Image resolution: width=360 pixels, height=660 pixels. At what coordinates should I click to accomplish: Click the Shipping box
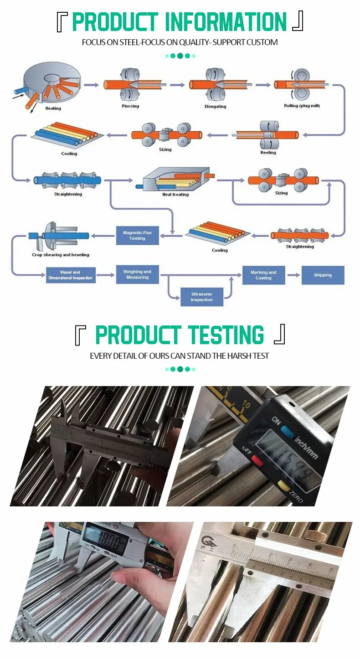[323, 275]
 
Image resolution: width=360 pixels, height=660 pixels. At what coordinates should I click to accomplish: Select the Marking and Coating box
[263, 275]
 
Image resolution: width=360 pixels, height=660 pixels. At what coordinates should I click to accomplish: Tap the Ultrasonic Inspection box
[201, 297]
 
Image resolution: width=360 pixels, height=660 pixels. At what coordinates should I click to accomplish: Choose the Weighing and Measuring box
[137, 274]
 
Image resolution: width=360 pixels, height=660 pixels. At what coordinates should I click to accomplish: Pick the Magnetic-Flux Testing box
[137, 235]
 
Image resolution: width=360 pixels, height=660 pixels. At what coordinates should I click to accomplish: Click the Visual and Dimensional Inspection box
[71, 275]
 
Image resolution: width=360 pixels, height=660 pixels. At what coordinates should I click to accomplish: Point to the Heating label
[53, 108]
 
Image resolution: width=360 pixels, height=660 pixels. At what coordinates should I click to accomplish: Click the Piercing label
[130, 106]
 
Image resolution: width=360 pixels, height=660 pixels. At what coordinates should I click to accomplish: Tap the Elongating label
[215, 107]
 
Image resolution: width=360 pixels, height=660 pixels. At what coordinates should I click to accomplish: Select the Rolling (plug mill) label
[302, 106]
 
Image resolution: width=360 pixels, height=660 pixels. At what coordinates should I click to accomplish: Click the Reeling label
[268, 153]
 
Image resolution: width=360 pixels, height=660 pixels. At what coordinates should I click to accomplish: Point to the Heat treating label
[175, 195]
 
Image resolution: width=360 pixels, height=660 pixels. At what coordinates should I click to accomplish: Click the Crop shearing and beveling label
[61, 255]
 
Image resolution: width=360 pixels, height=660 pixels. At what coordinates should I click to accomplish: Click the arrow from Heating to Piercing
[91, 85]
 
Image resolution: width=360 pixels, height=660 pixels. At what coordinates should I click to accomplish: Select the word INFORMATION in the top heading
[226, 22]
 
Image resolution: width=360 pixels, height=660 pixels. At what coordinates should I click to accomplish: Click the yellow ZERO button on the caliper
[283, 484]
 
